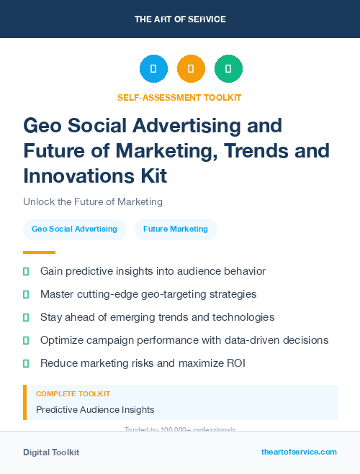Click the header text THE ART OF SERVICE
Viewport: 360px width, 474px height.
click(x=180, y=19)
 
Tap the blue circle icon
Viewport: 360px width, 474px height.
click(x=153, y=69)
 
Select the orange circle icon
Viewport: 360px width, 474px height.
click(x=191, y=69)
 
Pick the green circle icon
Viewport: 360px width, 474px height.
click(x=228, y=69)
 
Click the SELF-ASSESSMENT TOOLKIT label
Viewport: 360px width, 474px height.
click(x=180, y=97)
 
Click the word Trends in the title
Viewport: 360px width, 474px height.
click(x=253, y=151)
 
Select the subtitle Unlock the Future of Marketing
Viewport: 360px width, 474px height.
click(x=93, y=201)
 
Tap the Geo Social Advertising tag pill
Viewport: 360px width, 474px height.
click(x=74, y=229)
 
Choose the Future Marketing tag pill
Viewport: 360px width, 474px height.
click(x=176, y=229)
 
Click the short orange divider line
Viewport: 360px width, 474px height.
click(x=39, y=252)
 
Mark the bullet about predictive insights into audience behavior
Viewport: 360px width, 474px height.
click(x=153, y=271)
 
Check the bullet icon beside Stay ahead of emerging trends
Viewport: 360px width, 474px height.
click(x=26, y=317)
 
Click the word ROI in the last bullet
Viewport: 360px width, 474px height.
click(x=235, y=363)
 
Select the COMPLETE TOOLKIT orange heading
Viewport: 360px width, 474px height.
click(x=73, y=394)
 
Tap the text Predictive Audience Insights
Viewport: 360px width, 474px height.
click(x=95, y=410)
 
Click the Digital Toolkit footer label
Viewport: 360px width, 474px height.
click(x=51, y=452)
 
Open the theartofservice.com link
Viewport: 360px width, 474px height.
click(x=299, y=452)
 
